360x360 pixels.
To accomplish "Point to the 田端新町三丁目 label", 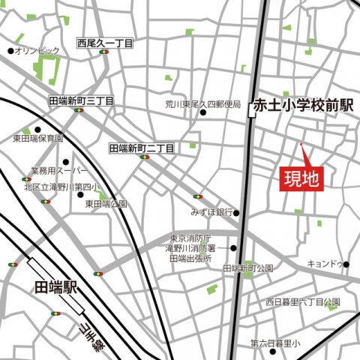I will tap(81, 100).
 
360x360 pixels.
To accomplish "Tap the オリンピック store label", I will tap(37, 51).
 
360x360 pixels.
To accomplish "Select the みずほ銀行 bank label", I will tap(212, 211).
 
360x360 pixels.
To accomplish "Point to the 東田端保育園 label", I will tap(38, 139).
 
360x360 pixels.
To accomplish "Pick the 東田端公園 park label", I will tap(105, 203).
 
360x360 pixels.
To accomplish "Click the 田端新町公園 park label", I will tap(250, 268).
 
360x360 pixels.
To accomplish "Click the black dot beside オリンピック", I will tap(10, 51).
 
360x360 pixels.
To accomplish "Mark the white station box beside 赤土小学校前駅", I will tap(252, 112).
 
